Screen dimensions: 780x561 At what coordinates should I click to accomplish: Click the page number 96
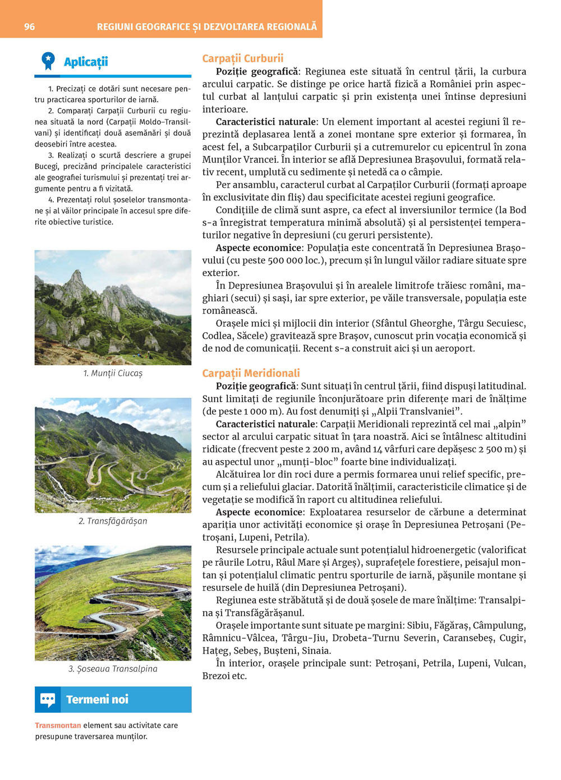coord(29,26)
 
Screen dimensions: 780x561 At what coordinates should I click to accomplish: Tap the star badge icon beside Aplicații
coord(48,61)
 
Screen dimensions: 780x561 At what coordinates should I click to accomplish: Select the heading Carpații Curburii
coord(242,58)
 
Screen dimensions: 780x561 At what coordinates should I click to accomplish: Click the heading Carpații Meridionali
coord(251,373)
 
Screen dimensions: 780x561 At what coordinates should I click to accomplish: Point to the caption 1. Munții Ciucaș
coord(113,373)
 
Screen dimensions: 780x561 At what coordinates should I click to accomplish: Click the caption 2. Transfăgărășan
coord(113,521)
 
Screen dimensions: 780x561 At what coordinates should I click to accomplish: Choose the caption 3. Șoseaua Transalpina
coord(113,668)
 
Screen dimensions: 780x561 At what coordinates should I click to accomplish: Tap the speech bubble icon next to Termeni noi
coord(48,699)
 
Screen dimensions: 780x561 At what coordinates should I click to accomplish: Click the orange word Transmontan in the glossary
coord(58,725)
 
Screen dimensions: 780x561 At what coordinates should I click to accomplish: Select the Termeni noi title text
coord(97,699)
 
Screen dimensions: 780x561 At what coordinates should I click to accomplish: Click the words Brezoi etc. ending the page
coord(224,676)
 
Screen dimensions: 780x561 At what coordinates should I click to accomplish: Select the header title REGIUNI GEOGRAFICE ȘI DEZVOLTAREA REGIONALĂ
coord(206,26)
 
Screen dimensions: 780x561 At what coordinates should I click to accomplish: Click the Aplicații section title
coord(85,62)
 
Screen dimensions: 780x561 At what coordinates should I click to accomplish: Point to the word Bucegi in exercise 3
coord(46,166)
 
